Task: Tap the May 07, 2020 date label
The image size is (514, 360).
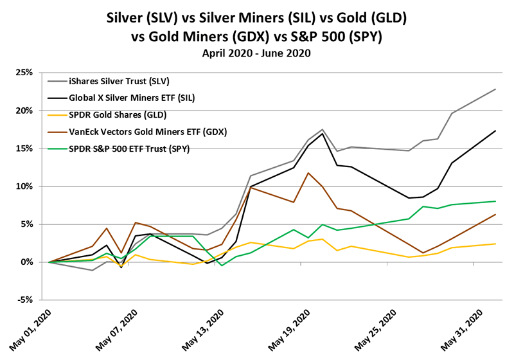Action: tap(116, 328)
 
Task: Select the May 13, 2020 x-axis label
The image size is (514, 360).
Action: tap(200, 328)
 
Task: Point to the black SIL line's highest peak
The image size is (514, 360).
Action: tap(321, 134)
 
